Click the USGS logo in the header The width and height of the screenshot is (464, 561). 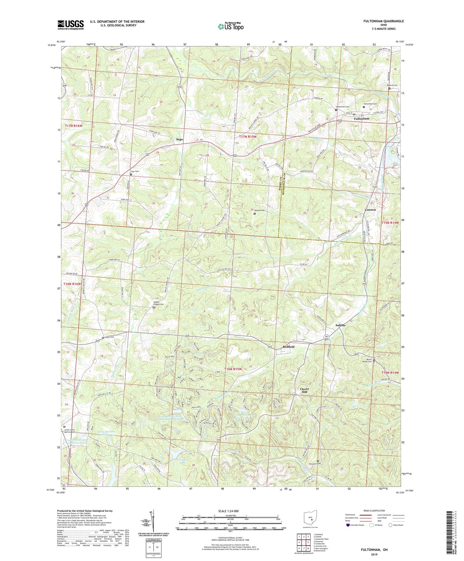[x=71, y=24]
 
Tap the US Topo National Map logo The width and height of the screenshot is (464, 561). [x=231, y=26]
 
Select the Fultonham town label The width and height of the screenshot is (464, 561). [x=362, y=119]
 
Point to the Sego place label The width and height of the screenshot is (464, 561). [x=179, y=139]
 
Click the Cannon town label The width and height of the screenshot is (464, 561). [x=370, y=209]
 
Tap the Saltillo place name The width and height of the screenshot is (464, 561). [x=340, y=325]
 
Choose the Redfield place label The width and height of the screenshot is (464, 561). [x=288, y=347]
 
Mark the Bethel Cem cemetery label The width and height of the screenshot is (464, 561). [x=260, y=210]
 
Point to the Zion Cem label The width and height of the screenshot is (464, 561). [x=135, y=172]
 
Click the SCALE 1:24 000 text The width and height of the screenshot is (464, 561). [x=228, y=511]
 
